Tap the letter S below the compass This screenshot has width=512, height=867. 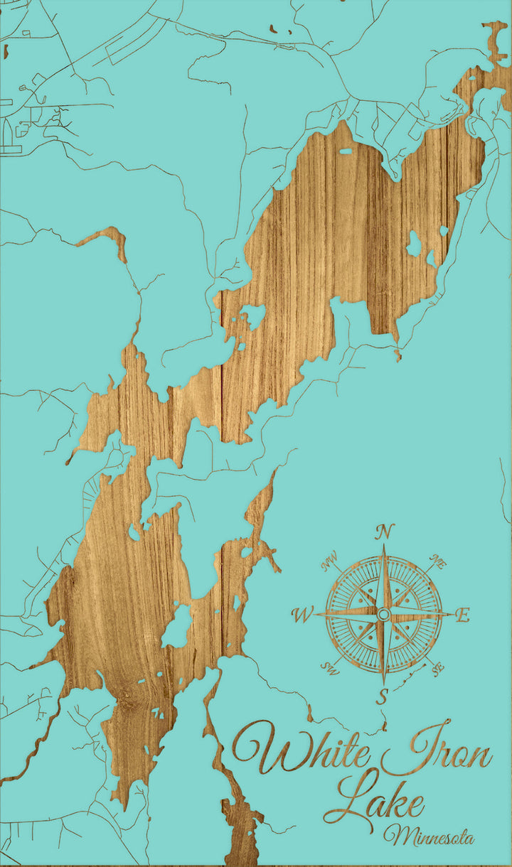[382, 696]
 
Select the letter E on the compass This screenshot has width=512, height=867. [462, 615]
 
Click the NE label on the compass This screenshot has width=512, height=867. [438, 564]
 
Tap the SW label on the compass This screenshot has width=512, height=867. [329, 667]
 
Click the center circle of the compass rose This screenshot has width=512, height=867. [383, 614]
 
